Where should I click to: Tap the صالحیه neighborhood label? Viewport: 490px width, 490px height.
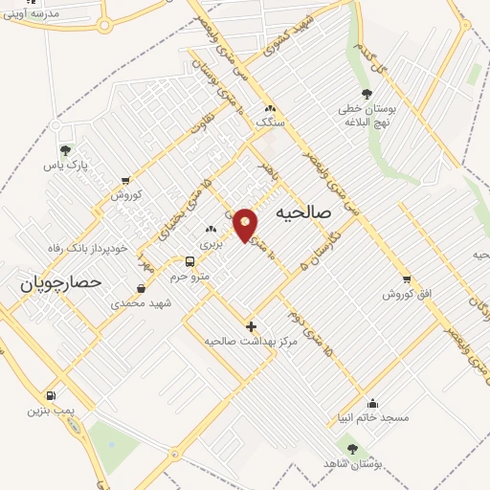(302, 212)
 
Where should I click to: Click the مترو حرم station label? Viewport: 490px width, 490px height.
(189, 276)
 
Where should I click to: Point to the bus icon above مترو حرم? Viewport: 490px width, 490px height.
(189, 261)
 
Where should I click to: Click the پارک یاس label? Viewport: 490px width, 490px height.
(65, 165)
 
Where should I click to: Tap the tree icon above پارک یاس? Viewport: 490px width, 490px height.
(65, 150)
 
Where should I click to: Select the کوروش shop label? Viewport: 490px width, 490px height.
(125, 193)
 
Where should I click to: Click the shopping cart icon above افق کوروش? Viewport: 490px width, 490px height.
(407, 279)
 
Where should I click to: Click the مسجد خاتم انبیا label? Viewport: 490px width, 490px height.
(372, 417)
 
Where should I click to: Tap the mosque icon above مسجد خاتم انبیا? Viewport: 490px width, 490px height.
(372, 403)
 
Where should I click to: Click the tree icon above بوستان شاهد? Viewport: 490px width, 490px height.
(352, 448)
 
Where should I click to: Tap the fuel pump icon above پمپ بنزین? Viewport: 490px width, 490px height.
(50, 395)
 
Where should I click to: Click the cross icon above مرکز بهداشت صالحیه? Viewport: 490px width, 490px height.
(251, 326)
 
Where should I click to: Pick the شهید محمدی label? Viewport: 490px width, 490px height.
(140, 302)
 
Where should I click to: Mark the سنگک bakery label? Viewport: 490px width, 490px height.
(270, 122)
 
